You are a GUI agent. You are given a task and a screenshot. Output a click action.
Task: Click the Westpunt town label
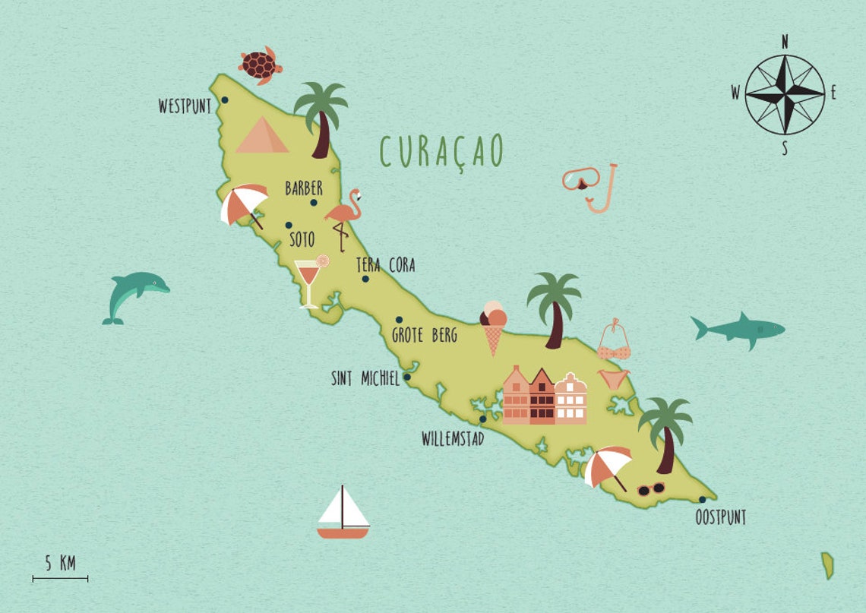point(185,106)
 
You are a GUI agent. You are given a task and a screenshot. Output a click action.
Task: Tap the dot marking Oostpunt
point(702,500)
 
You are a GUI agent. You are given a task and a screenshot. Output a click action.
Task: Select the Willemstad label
point(453,439)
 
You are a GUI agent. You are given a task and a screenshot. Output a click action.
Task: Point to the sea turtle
point(260,64)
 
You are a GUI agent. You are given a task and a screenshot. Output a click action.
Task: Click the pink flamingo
point(344,216)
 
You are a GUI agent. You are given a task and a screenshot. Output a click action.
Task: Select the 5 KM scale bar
point(60,579)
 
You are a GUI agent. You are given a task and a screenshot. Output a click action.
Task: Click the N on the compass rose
point(785,42)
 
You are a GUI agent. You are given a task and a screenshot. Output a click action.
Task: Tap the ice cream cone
point(493,327)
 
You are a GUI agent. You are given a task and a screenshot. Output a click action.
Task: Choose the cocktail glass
point(309,281)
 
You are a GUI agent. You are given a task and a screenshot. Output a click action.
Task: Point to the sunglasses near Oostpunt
point(650,489)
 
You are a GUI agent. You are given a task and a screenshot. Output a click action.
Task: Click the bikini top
point(614,344)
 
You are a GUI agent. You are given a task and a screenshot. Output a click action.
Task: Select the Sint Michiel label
point(365,378)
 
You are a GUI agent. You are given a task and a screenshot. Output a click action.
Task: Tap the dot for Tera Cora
point(365,279)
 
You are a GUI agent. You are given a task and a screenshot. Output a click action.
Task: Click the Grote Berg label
point(424,334)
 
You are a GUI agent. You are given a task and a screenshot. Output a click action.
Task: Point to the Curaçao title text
point(441,151)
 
